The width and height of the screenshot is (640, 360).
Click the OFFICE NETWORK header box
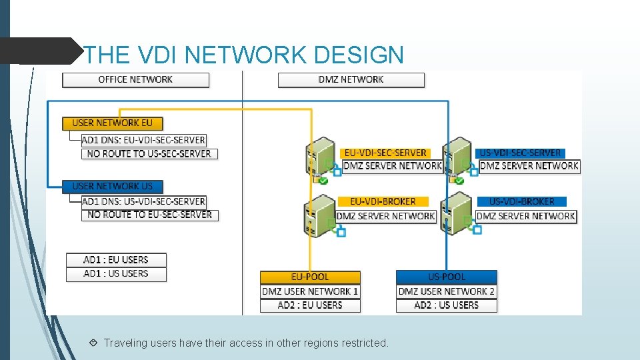(x=135, y=80)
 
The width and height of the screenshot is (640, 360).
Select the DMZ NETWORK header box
(x=351, y=80)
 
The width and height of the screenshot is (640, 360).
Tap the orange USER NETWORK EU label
(x=112, y=123)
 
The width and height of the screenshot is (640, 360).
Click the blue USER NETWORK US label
(x=112, y=187)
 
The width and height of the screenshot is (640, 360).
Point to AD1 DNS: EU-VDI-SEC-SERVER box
(x=143, y=140)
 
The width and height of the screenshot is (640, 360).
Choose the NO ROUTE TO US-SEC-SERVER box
(x=149, y=153)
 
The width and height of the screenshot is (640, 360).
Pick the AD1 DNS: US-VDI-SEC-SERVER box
(x=143, y=201)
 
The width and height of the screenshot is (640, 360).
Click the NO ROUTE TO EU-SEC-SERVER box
(x=149, y=215)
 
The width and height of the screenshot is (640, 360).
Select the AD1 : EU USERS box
(x=116, y=260)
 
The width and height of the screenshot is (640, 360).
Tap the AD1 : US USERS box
(x=116, y=274)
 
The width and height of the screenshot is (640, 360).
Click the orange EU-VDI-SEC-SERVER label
(x=385, y=153)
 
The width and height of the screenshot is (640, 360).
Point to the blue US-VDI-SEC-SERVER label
(x=521, y=153)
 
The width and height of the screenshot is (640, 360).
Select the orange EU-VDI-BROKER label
(x=383, y=201)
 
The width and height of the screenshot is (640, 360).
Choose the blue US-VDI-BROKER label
(x=521, y=201)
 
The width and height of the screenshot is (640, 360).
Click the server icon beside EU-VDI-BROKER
(x=319, y=214)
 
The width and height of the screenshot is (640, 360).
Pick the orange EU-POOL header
(x=310, y=277)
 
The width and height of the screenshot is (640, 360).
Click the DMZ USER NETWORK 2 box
(x=446, y=291)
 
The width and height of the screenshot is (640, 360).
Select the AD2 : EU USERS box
(x=310, y=305)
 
